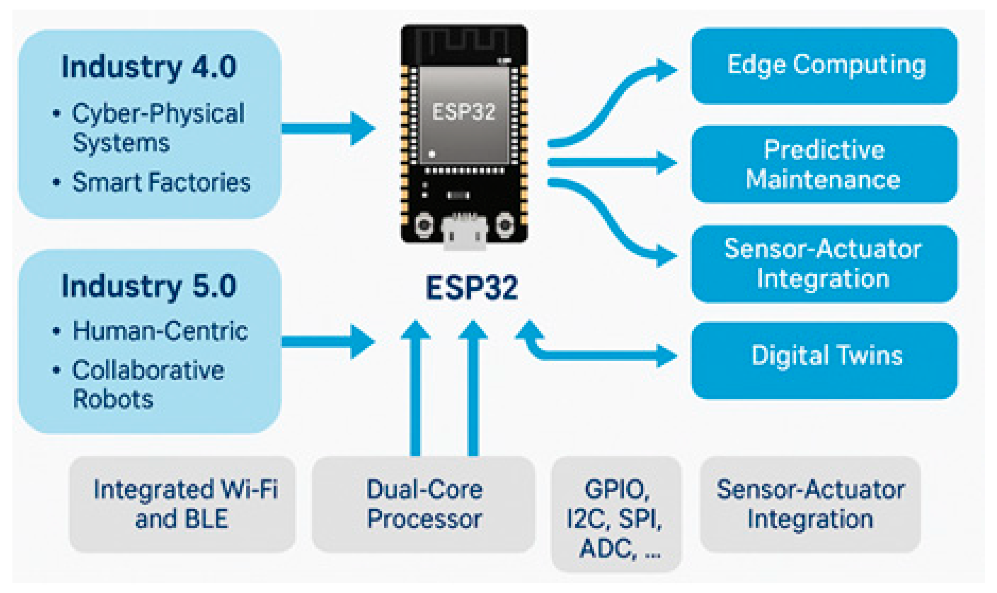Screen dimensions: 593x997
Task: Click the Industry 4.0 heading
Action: tap(149, 67)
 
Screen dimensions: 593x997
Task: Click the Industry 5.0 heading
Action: tap(149, 287)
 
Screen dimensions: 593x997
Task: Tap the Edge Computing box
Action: tap(824, 66)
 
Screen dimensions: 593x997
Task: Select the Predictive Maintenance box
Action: tap(824, 164)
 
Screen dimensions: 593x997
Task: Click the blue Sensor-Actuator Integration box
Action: tap(824, 264)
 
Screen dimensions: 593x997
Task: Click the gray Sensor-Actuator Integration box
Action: tap(810, 504)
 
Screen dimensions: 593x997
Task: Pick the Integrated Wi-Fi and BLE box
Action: tap(182, 504)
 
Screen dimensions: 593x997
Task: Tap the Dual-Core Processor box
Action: tap(423, 504)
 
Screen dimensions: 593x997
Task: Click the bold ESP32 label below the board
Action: tap(472, 288)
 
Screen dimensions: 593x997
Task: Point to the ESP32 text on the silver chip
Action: tap(463, 111)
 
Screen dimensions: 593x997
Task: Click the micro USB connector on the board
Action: tap(464, 234)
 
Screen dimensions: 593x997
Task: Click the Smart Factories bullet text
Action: tap(161, 182)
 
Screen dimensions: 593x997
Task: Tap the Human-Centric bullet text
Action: tap(160, 331)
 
